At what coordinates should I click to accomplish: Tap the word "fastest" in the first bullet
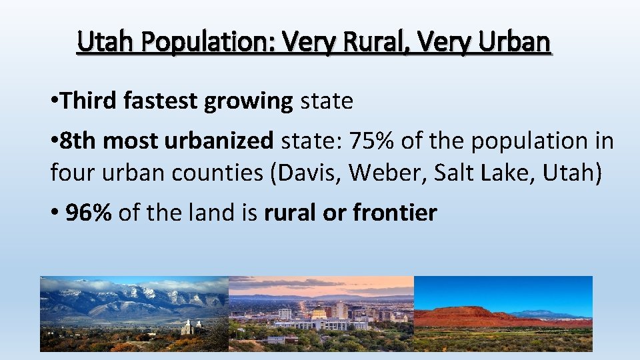[161, 101]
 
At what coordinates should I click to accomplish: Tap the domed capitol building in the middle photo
[319, 313]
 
